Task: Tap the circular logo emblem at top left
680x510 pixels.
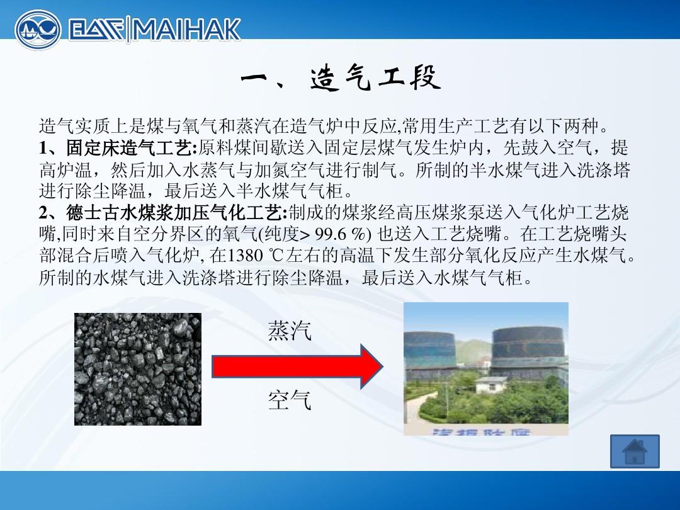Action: point(38,30)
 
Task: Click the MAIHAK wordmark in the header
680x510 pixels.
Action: point(186,29)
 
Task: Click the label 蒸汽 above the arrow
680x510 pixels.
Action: point(290,331)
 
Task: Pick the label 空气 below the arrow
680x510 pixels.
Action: point(290,400)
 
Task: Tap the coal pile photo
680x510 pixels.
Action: point(138,369)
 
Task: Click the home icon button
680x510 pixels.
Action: point(634,451)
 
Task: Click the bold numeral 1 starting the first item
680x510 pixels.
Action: point(43,149)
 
